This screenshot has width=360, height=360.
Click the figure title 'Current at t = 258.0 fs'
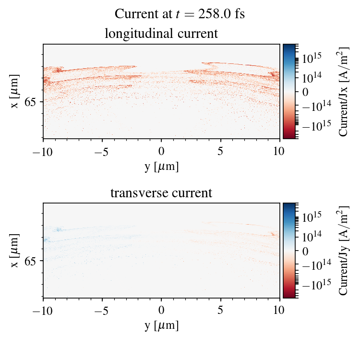click(180, 13)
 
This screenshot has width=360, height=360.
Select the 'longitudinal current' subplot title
click(161, 34)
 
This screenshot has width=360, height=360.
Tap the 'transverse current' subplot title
click(161, 193)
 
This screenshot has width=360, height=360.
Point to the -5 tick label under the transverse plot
click(102, 310)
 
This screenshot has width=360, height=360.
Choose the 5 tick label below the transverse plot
click(221, 310)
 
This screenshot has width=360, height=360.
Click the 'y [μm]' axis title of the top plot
click(161, 166)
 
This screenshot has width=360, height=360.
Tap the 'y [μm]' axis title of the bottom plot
click(161, 325)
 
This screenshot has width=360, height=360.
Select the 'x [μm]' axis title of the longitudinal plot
click(16, 91)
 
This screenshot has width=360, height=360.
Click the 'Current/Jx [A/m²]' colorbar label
click(344, 91)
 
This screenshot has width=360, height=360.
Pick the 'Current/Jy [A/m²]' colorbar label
click(344, 251)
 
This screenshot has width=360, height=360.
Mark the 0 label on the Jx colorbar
click(304, 91)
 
